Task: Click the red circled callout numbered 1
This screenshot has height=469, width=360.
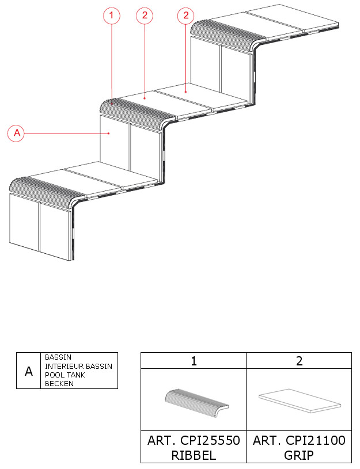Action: (112, 16)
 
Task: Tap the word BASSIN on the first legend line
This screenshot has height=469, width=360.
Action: (58, 357)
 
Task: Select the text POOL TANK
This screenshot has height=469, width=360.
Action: (65, 375)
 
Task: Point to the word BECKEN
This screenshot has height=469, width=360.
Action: (59, 383)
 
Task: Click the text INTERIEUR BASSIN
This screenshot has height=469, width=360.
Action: (78, 366)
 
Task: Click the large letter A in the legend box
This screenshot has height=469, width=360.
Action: (29, 371)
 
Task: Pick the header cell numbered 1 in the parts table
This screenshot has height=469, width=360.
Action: (194, 361)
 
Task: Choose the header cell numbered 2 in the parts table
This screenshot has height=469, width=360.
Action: (299, 361)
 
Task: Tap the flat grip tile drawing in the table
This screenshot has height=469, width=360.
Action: (300, 401)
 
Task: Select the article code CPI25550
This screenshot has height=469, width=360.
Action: (210, 440)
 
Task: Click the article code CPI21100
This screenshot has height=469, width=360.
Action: (316, 440)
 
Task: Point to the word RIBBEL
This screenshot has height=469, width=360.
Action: (194, 456)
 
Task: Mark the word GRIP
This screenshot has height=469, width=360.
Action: (299, 456)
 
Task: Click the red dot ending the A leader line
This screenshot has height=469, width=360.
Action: (109, 134)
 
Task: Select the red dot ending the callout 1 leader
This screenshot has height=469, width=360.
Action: (112, 104)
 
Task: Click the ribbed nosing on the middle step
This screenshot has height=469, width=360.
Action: (137, 115)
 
